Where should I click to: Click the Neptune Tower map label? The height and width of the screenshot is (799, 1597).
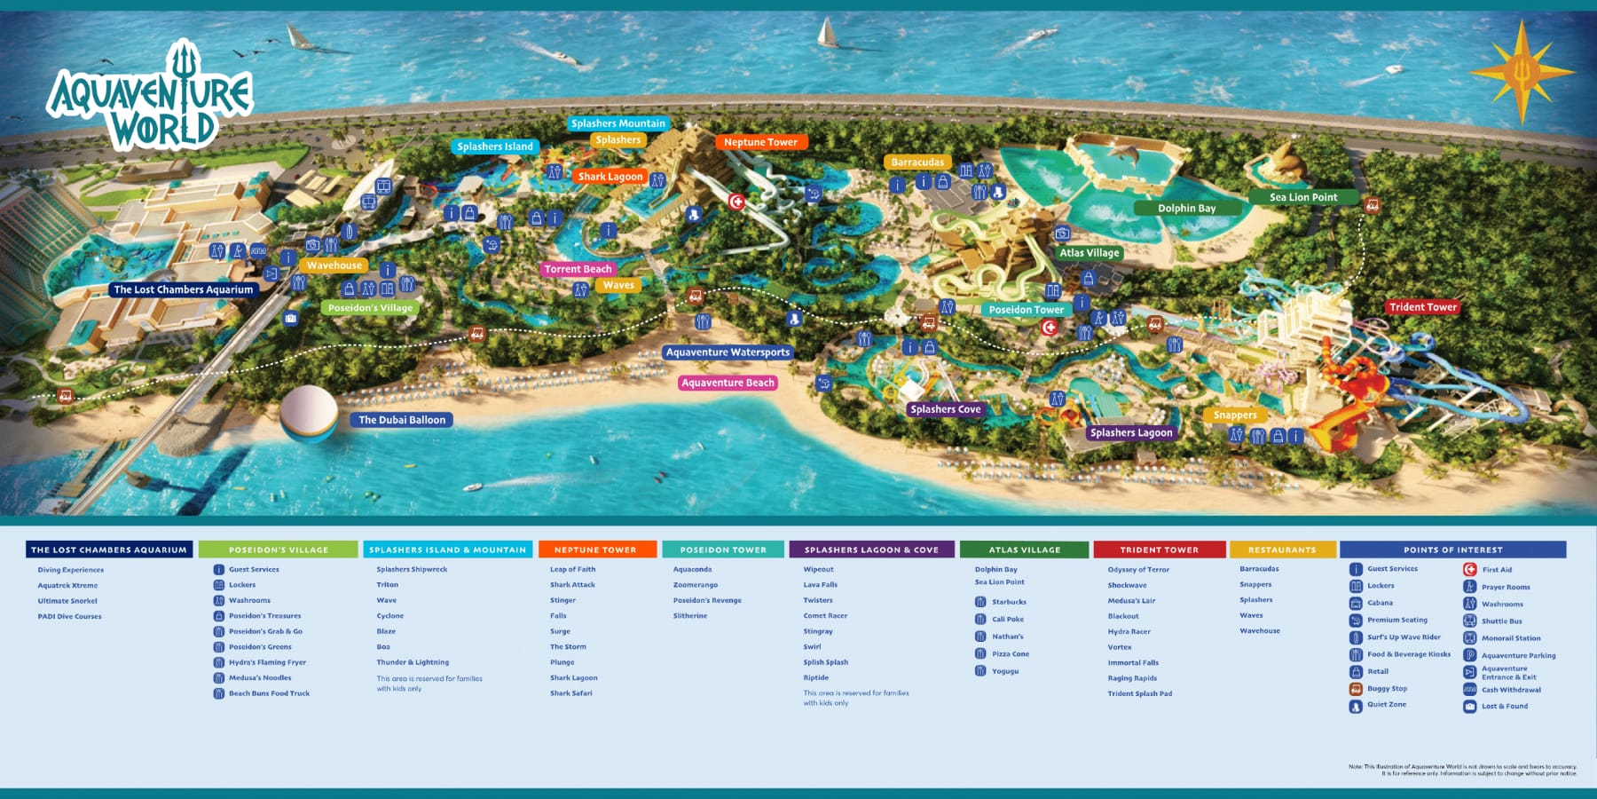pos(760,142)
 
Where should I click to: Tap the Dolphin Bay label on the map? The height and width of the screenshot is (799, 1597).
pos(1186,209)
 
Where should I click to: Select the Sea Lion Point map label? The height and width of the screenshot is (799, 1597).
pos(1302,197)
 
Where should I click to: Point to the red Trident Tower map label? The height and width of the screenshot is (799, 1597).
pos(1423,307)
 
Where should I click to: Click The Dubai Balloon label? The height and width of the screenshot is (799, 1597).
pos(402,420)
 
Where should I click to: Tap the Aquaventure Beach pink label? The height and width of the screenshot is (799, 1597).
pos(728,383)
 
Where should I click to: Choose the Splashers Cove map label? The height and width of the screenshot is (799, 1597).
pos(945,409)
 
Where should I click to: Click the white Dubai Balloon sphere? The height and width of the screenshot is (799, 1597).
pos(309,411)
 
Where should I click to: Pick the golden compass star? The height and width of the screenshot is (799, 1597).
pos(1522,72)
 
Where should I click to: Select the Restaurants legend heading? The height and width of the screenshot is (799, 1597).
pos(1282,550)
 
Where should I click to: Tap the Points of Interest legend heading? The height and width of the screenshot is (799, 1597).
pos(1452,550)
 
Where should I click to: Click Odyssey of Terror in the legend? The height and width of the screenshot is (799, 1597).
pos(1138,570)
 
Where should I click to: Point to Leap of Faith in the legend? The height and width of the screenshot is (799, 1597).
pos(572,570)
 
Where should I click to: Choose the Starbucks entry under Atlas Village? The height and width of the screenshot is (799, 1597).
pos(1009,602)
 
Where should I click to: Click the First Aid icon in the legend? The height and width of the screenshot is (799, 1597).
pos(1470,569)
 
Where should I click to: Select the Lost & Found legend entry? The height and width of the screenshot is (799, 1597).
pos(1504,707)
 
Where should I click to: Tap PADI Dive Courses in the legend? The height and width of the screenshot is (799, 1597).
pos(69,616)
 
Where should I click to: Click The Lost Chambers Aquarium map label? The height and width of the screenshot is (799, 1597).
pos(183,289)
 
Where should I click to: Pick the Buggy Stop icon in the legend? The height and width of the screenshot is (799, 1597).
pos(1356,689)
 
